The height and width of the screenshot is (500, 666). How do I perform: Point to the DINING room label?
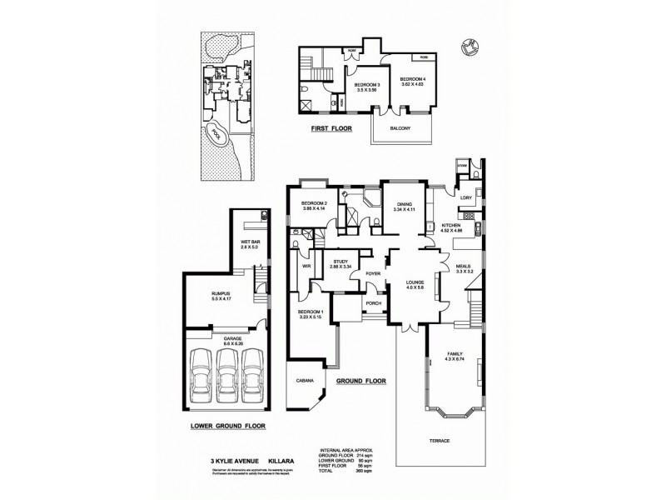click(405, 204)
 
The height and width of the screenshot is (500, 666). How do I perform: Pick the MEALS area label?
click(465, 267)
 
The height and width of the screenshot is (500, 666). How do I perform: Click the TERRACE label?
click(439, 440)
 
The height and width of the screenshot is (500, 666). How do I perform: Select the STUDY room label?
click(340, 262)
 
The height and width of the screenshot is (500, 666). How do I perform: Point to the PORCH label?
click(374, 303)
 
